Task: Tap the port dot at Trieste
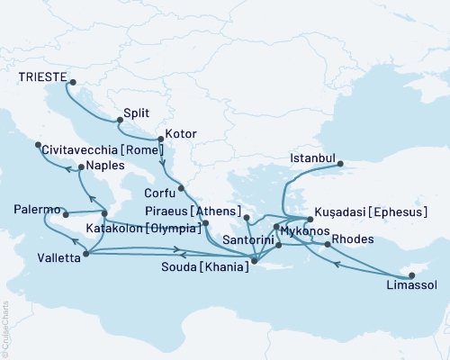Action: point(69,85)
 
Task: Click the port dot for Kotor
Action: point(159,139)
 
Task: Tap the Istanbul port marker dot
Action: point(339,163)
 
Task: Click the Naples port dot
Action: point(79,167)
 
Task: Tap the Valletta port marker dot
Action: point(85,254)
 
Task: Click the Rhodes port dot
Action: point(326,244)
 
